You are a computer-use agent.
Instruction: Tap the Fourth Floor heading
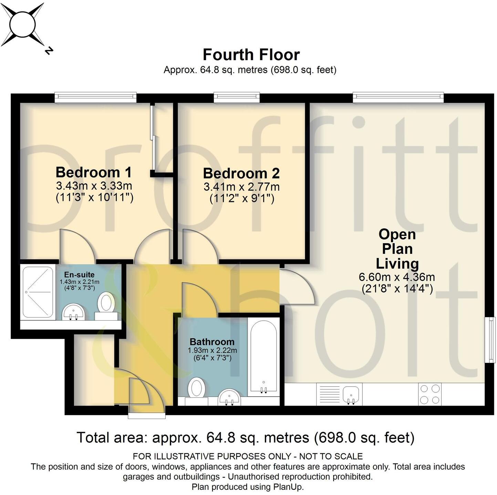(251, 55)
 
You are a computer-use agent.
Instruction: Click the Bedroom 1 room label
(94, 172)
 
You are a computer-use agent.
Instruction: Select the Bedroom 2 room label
(241, 173)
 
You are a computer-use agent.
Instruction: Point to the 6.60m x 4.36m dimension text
(397, 277)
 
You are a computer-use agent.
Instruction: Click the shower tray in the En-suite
(38, 292)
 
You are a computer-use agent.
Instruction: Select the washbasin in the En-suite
(74, 312)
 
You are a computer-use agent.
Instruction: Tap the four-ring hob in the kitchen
(430, 394)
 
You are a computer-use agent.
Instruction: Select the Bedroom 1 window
(95, 97)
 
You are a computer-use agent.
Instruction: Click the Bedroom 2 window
(237, 97)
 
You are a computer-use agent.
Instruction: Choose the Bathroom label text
(212, 342)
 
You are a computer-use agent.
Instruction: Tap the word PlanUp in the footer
(288, 487)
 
